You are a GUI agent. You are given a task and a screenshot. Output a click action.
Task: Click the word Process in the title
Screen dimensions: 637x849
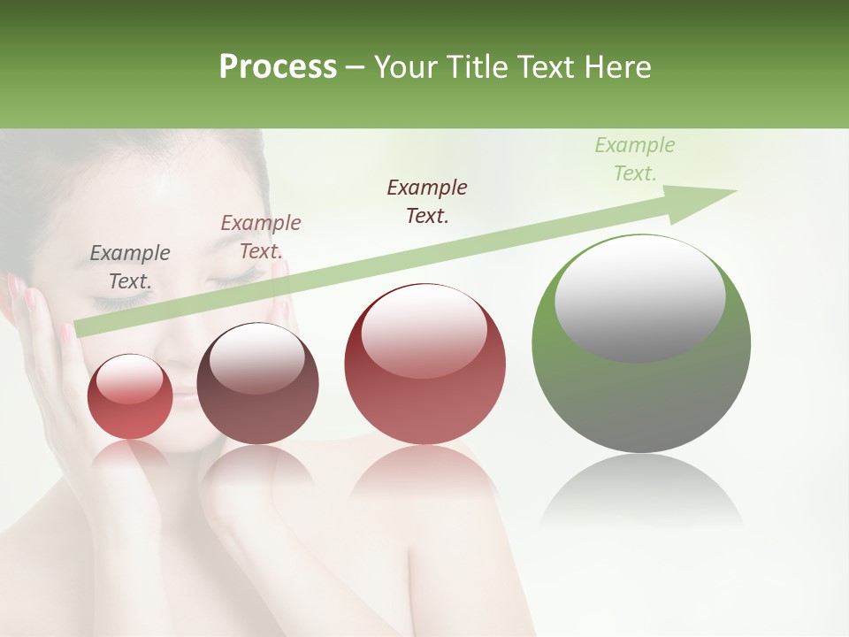point(278,67)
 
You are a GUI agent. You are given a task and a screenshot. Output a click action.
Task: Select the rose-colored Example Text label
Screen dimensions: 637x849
point(260,237)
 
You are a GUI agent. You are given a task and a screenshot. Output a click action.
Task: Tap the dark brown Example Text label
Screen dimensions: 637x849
point(427,202)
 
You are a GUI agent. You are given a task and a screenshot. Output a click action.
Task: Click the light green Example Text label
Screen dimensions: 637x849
point(634,159)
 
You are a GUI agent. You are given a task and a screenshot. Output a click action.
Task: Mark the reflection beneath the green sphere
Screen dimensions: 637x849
point(641,491)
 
